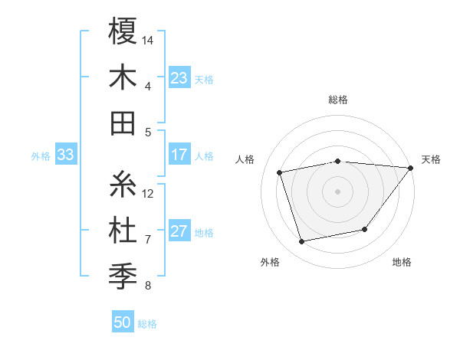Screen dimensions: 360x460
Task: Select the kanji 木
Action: tap(123, 77)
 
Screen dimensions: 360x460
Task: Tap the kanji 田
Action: tap(123, 123)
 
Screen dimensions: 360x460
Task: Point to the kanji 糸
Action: tap(123, 185)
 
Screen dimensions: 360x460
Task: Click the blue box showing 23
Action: tap(179, 78)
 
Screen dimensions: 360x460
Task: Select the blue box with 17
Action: tap(179, 155)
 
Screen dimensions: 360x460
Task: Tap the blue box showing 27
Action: tap(179, 232)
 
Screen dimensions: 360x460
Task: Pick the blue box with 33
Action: tap(65, 155)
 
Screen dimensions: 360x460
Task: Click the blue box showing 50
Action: tap(123, 323)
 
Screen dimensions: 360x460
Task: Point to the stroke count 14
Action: tap(148, 39)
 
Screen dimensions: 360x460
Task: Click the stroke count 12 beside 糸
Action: tap(148, 193)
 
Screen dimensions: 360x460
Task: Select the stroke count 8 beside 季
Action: tap(148, 286)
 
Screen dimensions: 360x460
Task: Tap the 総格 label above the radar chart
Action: tap(338, 100)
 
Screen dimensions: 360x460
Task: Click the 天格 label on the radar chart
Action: tap(432, 159)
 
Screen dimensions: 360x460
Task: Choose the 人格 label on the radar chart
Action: tap(245, 159)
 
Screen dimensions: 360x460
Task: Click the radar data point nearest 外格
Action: tap(302, 241)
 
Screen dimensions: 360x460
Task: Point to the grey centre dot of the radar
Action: tap(338, 191)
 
